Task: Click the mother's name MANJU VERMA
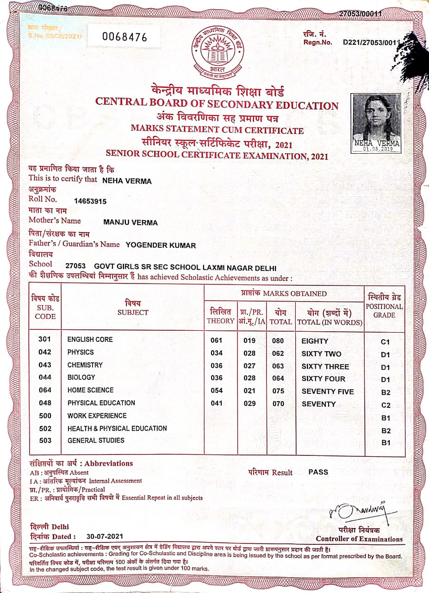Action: coord(130,223)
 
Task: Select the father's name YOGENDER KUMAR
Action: coord(161,246)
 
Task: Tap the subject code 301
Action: coord(45,339)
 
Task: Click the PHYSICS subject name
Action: coord(81,352)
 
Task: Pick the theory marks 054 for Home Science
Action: coord(217,391)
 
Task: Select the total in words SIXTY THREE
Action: coord(325,366)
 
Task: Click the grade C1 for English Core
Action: coord(385,342)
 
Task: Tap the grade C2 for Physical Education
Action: coord(385,405)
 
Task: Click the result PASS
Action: coord(318,472)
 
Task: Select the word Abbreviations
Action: coord(109,463)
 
